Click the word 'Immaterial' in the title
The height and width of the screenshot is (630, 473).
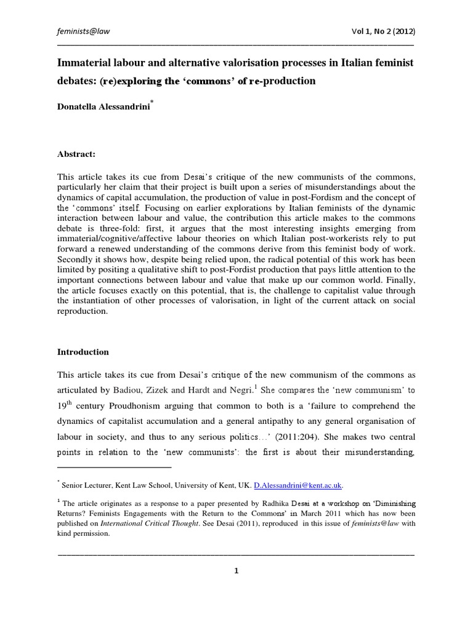84,64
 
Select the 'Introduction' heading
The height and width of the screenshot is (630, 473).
83,352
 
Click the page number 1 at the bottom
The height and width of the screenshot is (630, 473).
236,570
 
